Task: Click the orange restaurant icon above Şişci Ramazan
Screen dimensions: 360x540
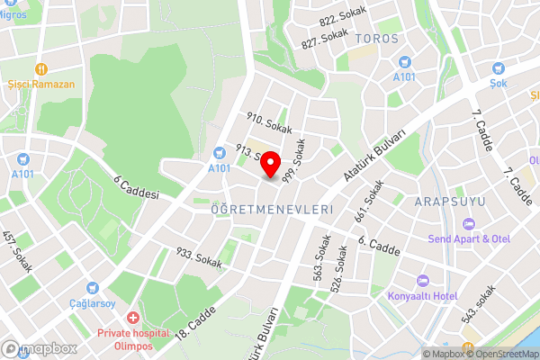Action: [x=40, y=68]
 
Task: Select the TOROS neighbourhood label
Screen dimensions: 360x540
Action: [x=376, y=39]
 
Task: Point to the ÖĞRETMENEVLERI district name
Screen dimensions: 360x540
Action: [x=272, y=209]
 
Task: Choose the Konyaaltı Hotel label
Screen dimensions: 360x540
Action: [x=421, y=296]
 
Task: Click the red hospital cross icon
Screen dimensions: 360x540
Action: [x=133, y=319]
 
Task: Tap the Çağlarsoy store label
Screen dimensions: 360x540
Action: [x=94, y=303]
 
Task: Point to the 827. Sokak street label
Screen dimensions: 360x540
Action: [x=324, y=38]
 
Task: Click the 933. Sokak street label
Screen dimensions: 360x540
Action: [x=199, y=258]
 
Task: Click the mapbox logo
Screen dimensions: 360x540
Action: [x=40, y=348]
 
